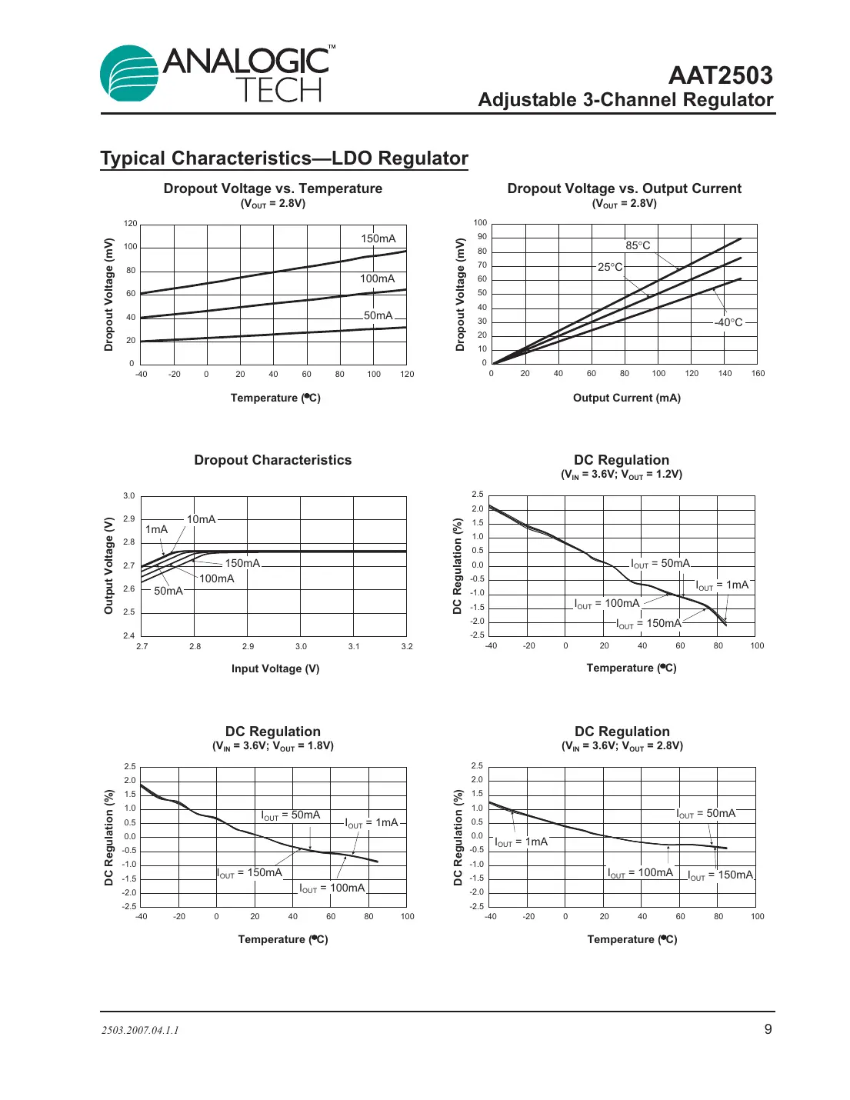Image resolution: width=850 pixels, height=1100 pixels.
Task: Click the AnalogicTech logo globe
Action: coord(128,74)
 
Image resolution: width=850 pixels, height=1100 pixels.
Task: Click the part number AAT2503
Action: coord(720,75)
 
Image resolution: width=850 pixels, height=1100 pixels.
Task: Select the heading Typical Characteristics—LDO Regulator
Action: coord(284,158)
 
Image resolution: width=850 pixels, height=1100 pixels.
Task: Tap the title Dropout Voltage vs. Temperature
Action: coord(272,188)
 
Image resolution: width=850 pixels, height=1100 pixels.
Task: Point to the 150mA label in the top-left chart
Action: coord(378,238)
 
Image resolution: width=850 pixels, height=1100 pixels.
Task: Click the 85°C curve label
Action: coord(638,245)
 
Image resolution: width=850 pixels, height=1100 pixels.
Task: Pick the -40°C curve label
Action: coord(728,322)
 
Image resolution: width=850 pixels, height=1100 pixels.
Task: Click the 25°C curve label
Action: coord(610,267)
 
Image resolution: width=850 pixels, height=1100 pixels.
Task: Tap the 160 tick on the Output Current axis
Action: coord(758,374)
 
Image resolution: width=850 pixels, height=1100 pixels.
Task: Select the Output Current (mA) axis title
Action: coord(626,398)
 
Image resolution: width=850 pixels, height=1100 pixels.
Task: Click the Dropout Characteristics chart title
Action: coord(272,460)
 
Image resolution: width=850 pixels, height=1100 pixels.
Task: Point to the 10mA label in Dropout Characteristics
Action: coord(201,519)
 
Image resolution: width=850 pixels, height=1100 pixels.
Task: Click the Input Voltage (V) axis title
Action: coord(275,668)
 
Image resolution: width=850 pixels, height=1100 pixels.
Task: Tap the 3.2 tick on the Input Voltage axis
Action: coord(407,647)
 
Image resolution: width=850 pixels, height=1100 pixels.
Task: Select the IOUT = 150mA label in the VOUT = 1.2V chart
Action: coord(648,624)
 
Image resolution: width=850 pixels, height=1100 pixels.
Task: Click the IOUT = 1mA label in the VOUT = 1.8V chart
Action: coord(372,823)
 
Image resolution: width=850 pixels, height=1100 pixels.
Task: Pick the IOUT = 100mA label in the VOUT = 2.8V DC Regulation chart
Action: coord(640,873)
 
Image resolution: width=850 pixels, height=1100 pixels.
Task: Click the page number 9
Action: coord(768,1029)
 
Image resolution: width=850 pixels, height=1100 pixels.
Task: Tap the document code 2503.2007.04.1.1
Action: coord(140,1030)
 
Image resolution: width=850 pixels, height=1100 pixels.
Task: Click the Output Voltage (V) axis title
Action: coord(109,565)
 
